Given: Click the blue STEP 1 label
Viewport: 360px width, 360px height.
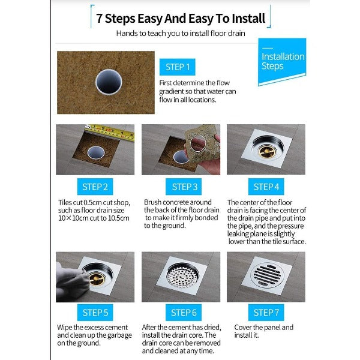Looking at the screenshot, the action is (177, 67).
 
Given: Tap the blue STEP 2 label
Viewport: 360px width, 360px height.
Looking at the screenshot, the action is (95, 187).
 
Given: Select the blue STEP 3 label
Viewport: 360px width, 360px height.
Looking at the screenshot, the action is (184, 187).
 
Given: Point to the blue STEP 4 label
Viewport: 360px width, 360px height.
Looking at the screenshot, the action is (266, 187).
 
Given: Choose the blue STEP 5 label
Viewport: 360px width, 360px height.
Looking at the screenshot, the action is (95, 313).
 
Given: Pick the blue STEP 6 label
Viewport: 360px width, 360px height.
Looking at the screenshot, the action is (184, 313).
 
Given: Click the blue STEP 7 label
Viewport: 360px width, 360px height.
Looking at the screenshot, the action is (266, 313).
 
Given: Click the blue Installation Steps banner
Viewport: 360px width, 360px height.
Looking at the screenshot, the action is (282, 61).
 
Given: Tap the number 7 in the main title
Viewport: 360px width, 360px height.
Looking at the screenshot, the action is (99, 19).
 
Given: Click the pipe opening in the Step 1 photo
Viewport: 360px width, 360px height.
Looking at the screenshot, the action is (109, 82).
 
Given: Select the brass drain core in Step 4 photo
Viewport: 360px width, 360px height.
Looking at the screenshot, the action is (267, 151).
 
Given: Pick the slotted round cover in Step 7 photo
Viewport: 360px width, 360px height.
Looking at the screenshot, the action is (266, 275).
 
